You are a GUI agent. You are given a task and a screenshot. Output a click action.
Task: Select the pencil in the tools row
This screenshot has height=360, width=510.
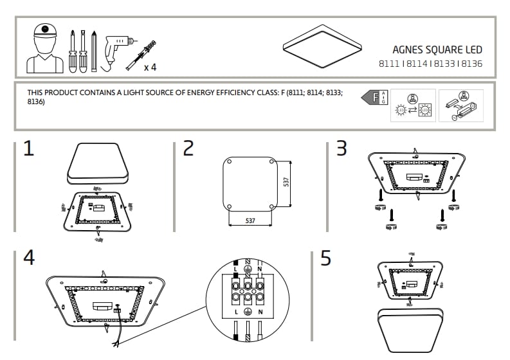coord(94,50)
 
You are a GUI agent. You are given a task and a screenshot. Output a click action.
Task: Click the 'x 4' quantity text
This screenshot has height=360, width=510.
coord(150,67)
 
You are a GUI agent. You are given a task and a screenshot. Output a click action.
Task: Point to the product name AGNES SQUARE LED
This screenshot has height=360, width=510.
coord(437,50)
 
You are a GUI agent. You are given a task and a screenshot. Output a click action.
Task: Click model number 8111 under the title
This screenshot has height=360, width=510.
coord(388,64)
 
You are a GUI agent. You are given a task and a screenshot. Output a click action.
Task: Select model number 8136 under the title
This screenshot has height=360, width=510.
coord(472,64)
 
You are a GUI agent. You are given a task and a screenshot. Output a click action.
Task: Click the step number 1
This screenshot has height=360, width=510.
coord(28,149)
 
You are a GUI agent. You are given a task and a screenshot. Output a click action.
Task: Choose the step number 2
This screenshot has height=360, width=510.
coord(188,149)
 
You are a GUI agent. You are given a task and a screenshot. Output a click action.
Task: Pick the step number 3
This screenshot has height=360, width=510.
coord(342,149)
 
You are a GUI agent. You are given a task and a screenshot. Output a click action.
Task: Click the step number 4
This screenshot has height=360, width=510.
coord(28,257)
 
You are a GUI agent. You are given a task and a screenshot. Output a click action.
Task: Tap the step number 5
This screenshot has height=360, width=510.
coord(325,258)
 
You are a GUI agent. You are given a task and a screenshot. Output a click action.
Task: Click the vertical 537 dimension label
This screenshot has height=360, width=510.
coord(286,182)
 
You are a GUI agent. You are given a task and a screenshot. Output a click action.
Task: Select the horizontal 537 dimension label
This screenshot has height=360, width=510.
coord(250,221)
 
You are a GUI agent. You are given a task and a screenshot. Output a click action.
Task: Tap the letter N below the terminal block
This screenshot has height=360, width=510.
coord(259,312)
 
